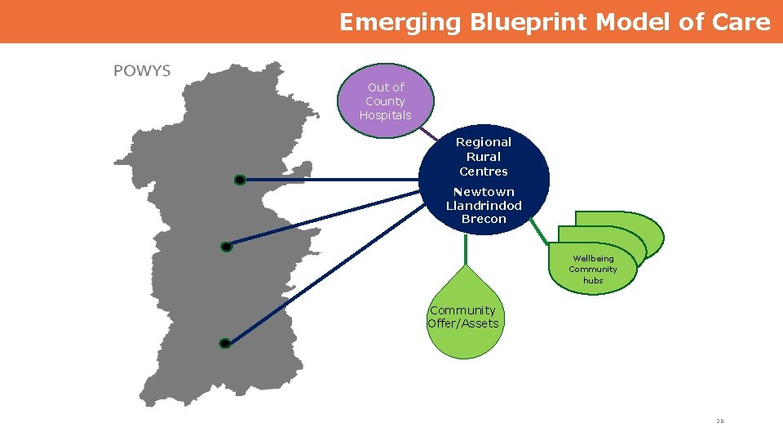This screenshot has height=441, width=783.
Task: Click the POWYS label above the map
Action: pyautogui.click(x=142, y=71)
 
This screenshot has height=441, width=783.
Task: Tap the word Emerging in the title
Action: pyautogui.click(x=400, y=22)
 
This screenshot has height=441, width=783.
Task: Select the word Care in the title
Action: pyautogui.click(x=741, y=22)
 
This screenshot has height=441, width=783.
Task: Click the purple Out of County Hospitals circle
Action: pyautogui.click(x=386, y=101)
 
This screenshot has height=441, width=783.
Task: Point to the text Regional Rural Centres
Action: pyautogui.click(x=483, y=157)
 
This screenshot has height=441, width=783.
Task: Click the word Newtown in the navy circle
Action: pyautogui.click(x=484, y=192)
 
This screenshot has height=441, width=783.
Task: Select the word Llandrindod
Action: pyautogui.click(x=484, y=206)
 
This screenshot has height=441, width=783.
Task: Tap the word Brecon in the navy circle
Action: pyautogui.click(x=484, y=219)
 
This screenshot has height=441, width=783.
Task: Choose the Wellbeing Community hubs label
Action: pyautogui.click(x=593, y=269)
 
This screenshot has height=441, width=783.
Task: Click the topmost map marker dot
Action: pyautogui.click(x=239, y=180)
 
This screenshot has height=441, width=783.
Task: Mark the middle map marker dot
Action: pyautogui.click(x=226, y=247)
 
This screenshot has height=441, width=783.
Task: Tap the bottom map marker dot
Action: pyautogui.click(x=225, y=344)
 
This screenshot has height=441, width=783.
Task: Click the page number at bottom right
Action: pyautogui.click(x=719, y=421)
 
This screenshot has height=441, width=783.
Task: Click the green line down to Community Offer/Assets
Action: pyautogui.click(x=465, y=249)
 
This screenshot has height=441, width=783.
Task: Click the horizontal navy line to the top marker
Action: pyautogui.click(x=326, y=180)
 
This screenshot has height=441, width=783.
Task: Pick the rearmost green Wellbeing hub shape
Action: pyautogui.click(x=644, y=225)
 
